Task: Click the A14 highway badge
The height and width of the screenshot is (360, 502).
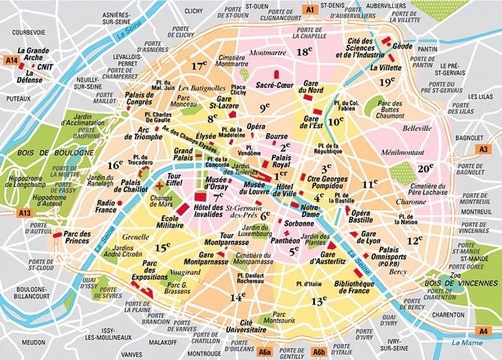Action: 10,60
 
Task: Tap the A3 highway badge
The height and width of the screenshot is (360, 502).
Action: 484,149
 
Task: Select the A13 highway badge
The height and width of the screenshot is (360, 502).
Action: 25,214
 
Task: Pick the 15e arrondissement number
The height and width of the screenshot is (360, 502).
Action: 162,247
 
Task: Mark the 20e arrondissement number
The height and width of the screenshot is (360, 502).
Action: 426,168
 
